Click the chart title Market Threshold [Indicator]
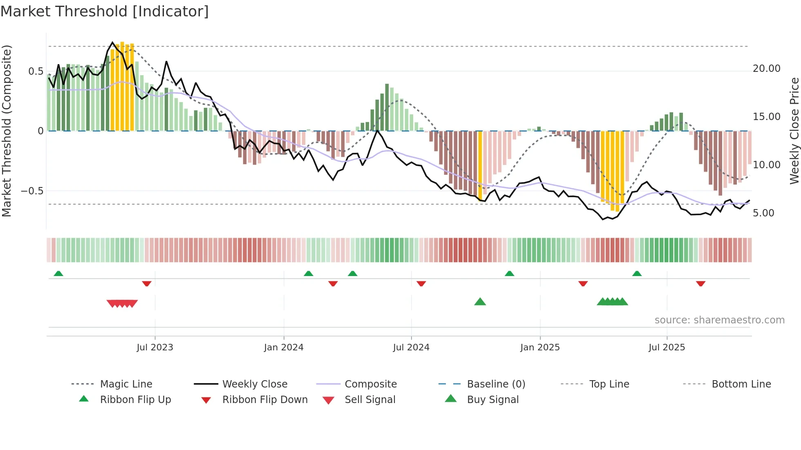[105, 11]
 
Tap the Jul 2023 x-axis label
[155, 348]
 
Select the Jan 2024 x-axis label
[284, 348]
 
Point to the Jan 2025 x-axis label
[540, 348]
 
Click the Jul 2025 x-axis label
[667, 348]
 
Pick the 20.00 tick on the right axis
[766, 69]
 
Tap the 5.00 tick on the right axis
[763, 213]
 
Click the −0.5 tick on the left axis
[32, 191]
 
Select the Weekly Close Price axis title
[794, 131]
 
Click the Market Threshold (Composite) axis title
[7, 131]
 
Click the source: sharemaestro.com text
[719, 320]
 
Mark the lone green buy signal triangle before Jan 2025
[480, 302]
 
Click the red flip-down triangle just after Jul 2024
[421, 283]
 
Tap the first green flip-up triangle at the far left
[58, 274]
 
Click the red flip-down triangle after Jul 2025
[700, 283]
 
